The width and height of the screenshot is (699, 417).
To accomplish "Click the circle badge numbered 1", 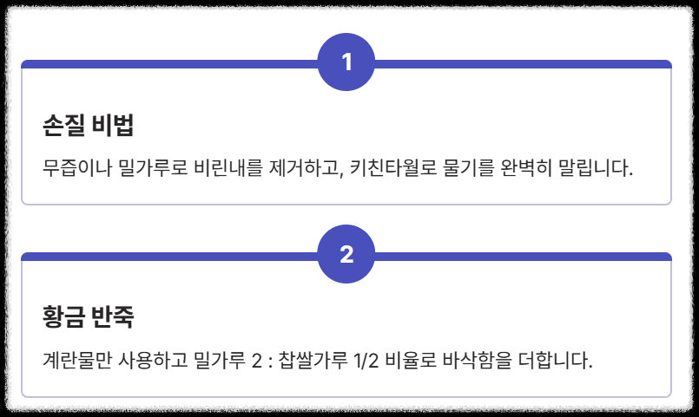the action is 347,62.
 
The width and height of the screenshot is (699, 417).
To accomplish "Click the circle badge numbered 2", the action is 347,255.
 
